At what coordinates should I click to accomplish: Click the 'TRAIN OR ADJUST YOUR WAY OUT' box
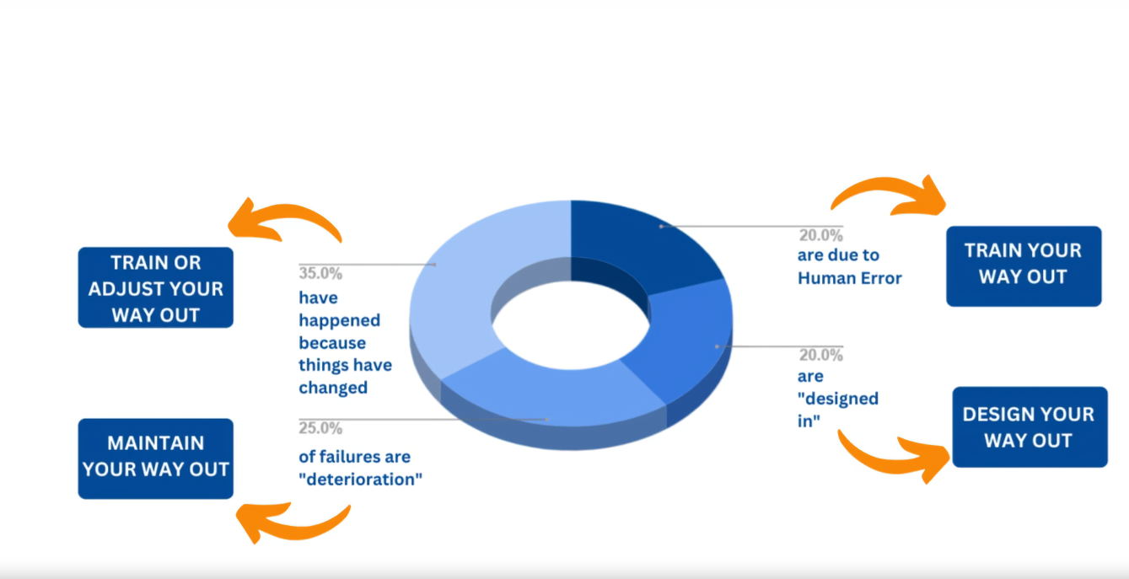[155, 287]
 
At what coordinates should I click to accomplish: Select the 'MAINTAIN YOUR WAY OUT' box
[155, 458]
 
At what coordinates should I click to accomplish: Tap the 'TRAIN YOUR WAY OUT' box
[1023, 265]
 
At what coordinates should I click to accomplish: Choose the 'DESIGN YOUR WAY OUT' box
[1029, 426]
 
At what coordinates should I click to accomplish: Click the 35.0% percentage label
[320, 273]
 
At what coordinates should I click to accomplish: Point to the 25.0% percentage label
[320, 427]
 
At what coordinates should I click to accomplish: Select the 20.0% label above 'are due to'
[820, 235]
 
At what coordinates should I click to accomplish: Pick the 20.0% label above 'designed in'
[820, 355]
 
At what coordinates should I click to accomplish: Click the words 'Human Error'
[849, 278]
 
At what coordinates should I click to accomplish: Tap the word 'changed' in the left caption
[333, 388]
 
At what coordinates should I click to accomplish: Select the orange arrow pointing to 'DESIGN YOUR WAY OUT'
[894, 455]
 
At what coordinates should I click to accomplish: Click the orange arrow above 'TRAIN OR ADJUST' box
[287, 216]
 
